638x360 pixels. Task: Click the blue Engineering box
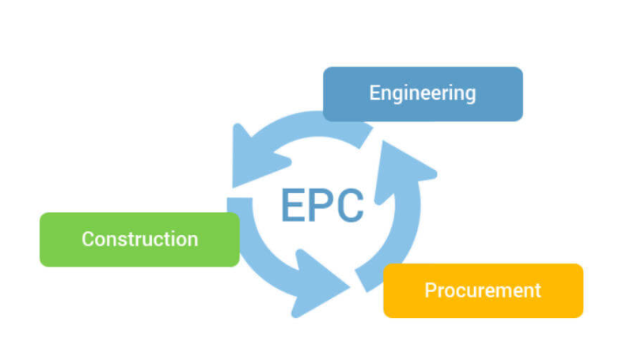423,93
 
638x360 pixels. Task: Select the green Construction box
139,239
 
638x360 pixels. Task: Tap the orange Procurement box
483,290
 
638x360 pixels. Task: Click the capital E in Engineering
374,93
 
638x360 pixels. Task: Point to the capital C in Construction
88,239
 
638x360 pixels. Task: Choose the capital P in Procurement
431,290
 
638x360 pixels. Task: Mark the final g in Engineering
470,95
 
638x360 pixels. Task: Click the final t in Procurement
537,290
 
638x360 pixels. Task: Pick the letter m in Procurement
499,291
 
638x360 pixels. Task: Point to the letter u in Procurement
471,291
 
